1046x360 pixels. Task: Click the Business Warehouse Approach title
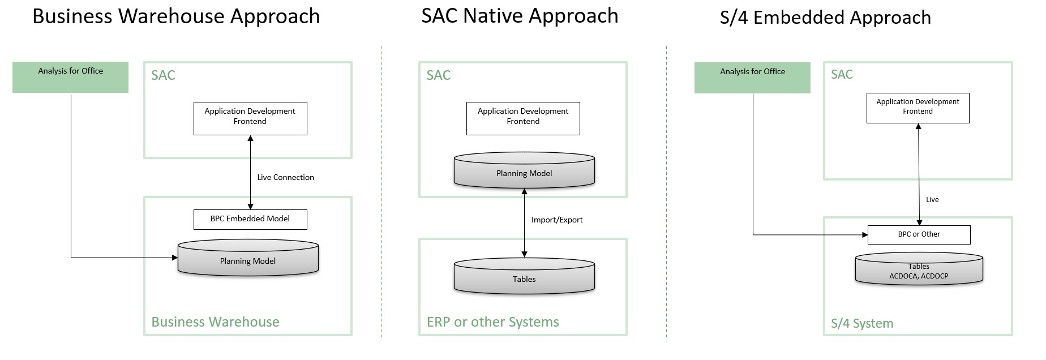coord(176,16)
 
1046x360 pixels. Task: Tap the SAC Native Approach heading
coord(520,16)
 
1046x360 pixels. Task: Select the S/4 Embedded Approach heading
coord(825,18)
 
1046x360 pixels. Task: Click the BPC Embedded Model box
coord(250,219)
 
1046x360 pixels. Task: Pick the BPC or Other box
coord(919,234)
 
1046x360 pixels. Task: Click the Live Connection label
coord(285,177)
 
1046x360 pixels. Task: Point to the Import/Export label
coord(556,220)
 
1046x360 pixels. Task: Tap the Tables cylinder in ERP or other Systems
coord(524,278)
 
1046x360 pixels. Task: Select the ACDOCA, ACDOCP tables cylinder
coord(919,270)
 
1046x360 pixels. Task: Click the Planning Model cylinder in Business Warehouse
coord(248,260)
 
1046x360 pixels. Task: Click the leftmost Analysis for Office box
coord(70,77)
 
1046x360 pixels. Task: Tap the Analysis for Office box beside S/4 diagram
coord(752,78)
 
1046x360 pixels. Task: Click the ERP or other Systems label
coord(492,322)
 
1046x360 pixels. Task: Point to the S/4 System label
coord(861,323)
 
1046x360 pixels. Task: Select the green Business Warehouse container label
coord(215,322)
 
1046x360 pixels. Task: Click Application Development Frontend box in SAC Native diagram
coord(523,118)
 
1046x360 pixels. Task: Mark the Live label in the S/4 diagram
coord(932,200)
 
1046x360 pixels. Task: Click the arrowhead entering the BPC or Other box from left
coord(864,234)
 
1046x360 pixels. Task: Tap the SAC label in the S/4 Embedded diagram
coord(842,75)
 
